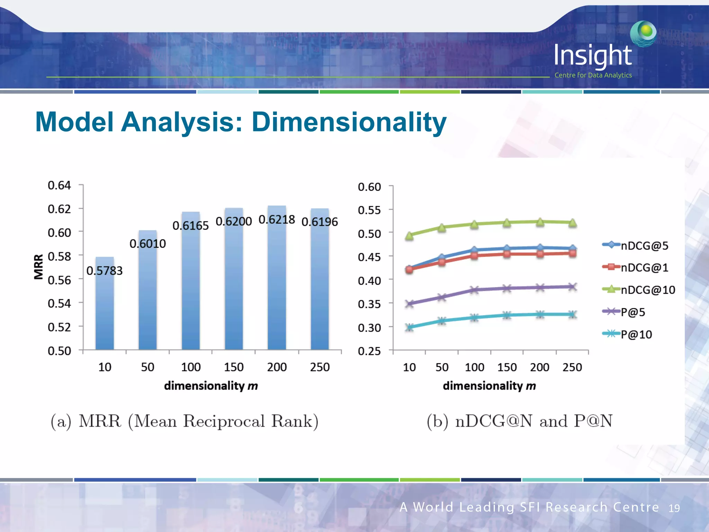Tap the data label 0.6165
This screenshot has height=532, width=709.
(190, 226)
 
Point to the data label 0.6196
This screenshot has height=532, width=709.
(320, 222)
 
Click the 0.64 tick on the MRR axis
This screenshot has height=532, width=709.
(59, 185)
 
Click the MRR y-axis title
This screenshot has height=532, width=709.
(38, 266)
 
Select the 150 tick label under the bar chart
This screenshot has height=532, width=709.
(234, 367)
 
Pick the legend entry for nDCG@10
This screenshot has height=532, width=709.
(647, 290)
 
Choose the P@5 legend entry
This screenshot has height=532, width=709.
(632, 312)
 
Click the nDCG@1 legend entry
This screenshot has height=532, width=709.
(644, 267)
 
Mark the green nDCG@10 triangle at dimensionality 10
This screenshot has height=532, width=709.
(409, 236)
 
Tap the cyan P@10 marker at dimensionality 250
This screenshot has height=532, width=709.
(572, 314)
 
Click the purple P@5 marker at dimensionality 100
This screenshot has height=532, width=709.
(474, 290)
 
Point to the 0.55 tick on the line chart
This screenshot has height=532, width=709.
(369, 210)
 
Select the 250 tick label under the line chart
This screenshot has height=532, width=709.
(572, 367)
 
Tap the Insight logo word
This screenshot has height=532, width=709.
(593, 55)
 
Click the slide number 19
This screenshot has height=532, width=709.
(674, 508)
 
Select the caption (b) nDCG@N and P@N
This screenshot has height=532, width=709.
(519, 421)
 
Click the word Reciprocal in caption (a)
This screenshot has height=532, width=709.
(224, 421)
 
